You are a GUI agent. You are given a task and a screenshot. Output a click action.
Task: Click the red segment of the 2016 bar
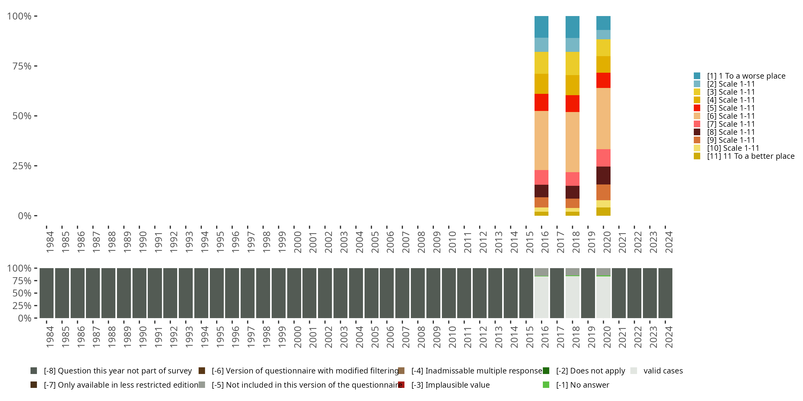click(x=541, y=102)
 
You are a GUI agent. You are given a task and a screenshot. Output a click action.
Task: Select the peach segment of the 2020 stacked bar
click(x=603, y=118)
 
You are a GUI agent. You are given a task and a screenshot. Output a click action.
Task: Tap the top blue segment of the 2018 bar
click(x=572, y=27)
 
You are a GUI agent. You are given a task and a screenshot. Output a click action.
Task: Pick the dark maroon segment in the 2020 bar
click(x=603, y=175)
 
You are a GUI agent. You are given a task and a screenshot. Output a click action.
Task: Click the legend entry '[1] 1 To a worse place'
click(x=746, y=76)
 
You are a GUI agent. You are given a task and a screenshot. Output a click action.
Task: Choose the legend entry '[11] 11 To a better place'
click(x=750, y=156)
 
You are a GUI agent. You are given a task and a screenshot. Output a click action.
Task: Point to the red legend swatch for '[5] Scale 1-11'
click(x=697, y=108)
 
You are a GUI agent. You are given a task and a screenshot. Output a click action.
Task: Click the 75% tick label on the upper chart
click(x=22, y=66)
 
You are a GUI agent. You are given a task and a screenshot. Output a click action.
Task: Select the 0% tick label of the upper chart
click(x=25, y=216)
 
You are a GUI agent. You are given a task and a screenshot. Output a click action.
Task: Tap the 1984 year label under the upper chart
click(x=50, y=242)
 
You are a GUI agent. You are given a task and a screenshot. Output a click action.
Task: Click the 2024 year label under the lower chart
click(x=669, y=337)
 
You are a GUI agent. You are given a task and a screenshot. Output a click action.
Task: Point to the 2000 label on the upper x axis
click(x=297, y=242)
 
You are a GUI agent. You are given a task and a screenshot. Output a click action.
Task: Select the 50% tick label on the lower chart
click(x=22, y=293)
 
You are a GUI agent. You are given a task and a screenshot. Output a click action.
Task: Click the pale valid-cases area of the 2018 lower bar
click(x=572, y=297)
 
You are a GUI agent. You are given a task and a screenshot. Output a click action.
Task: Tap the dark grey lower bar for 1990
click(x=139, y=293)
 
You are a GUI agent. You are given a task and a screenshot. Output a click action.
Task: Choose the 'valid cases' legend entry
click(x=663, y=371)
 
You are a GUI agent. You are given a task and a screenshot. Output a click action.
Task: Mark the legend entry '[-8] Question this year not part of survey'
click(x=118, y=371)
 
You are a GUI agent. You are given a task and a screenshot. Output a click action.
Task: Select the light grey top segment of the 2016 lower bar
click(x=541, y=272)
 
